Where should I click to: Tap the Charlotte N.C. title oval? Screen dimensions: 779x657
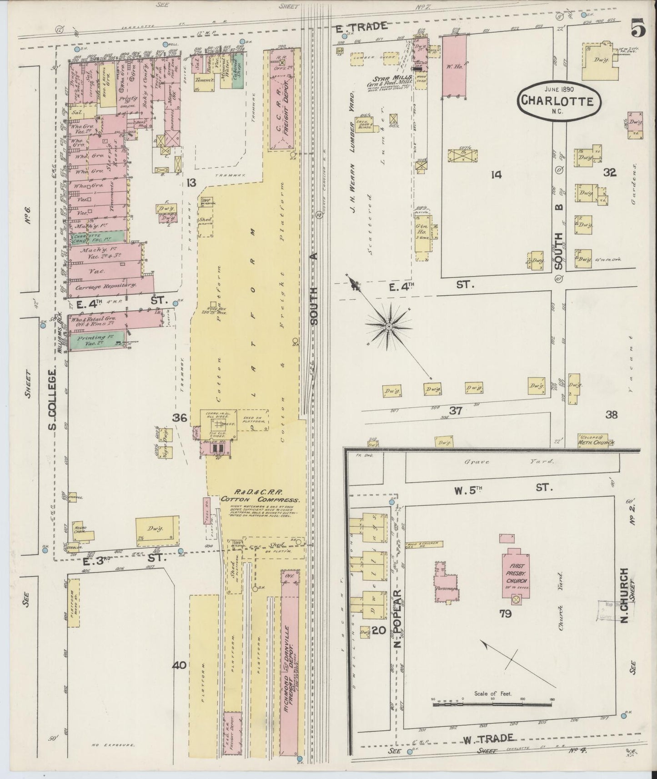point(558,101)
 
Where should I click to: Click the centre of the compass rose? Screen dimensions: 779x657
point(389,327)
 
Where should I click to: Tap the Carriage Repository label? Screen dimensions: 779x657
point(103,286)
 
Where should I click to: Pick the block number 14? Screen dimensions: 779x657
point(496,174)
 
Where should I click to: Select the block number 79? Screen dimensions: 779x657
point(505,614)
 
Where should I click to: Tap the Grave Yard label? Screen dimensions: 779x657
point(509,462)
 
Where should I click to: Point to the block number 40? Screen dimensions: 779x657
point(179,665)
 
